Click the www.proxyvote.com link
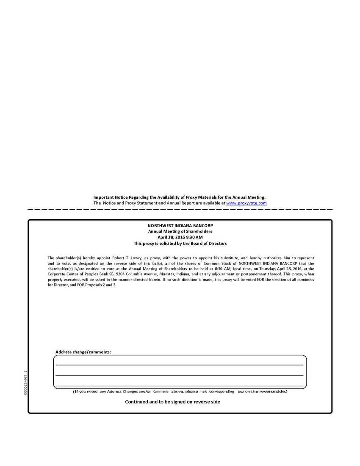[246, 203]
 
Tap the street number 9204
[122, 274]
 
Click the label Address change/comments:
[83, 352]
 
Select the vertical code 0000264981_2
[25, 383]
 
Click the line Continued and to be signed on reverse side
[172, 402]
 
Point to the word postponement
[258, 274]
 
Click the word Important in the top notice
[104, 197]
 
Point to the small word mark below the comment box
[203, 391]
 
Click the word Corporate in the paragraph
[57, 274]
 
